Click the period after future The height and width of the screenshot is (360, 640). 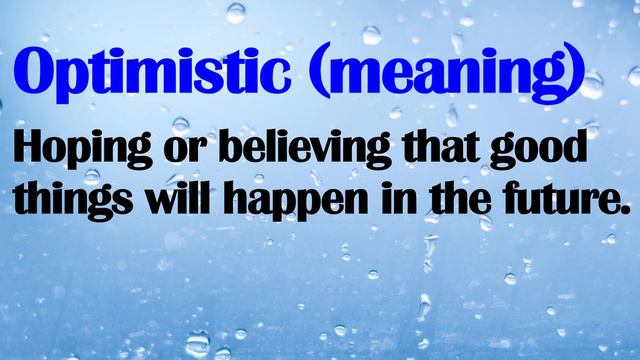(628, 210)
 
